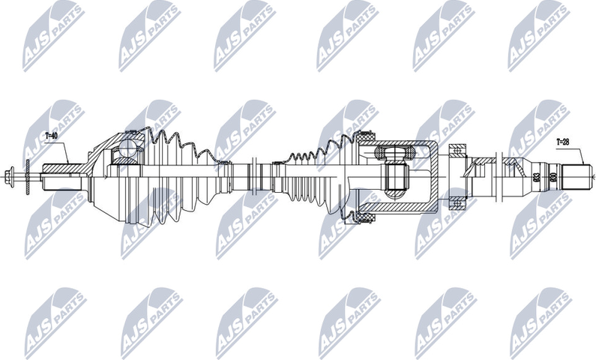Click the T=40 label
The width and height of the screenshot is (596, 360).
coord(52,136)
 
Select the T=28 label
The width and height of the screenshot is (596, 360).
coord(563,141)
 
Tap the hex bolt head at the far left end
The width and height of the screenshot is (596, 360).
coord(9,177)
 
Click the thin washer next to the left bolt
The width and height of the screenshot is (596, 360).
coord(26,177)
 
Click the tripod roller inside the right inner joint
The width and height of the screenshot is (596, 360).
coord(395,178)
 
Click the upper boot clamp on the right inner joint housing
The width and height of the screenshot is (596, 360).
coord(367,138)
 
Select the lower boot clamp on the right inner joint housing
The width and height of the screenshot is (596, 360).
coord(367,218)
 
